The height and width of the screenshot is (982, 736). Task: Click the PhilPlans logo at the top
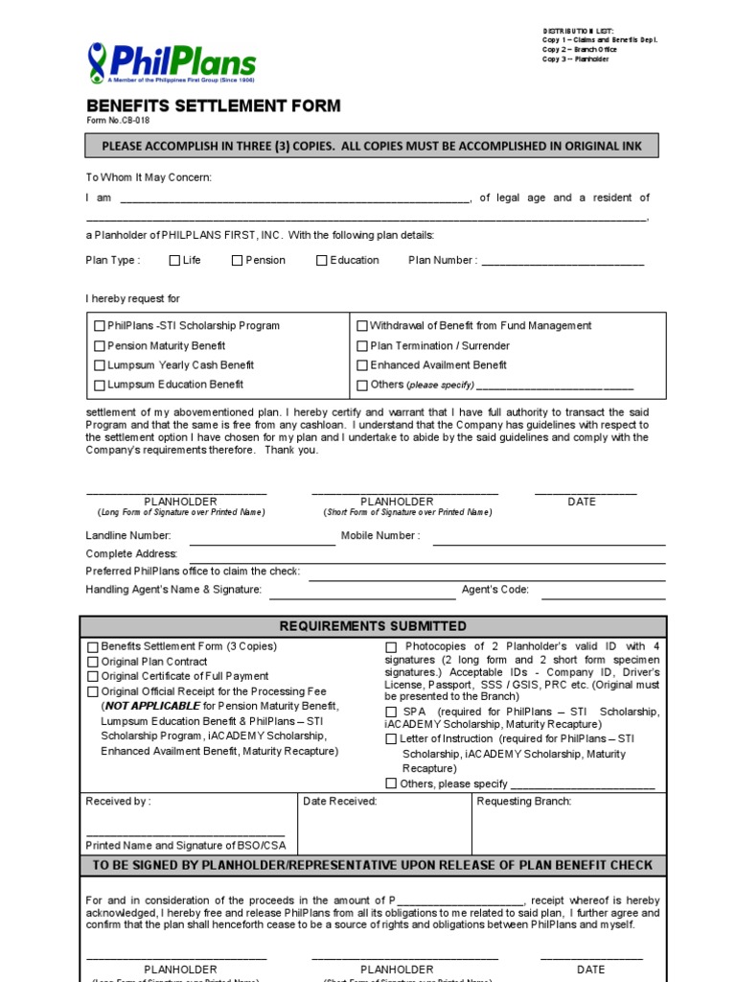[172, 64]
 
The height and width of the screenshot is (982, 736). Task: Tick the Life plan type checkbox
[174, 260]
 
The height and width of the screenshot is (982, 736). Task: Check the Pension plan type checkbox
[237, 260]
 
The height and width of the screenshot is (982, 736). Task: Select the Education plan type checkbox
[322, 260]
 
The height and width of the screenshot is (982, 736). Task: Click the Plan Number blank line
[563, 262]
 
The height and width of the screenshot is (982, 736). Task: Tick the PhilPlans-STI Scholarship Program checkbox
[100, 326]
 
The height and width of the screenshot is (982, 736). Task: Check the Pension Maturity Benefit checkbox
[100, 346]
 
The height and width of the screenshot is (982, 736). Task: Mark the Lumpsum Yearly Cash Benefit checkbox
[100, 365]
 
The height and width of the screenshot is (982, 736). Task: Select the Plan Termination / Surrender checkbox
[362, 346]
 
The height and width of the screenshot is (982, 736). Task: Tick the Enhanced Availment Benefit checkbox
[362, 365]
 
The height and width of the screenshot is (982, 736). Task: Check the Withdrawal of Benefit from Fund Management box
[362, 326]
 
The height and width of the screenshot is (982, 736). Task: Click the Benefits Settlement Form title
[213, 105]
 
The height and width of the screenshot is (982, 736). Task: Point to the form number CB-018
[118, 121]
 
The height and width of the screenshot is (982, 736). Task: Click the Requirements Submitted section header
[373, 626]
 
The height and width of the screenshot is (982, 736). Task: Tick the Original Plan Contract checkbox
[93, 662]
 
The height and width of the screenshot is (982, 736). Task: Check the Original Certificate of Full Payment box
[93, 676]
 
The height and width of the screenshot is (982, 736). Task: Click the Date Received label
[340, 802]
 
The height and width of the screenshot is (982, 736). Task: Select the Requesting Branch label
[524, 802]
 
